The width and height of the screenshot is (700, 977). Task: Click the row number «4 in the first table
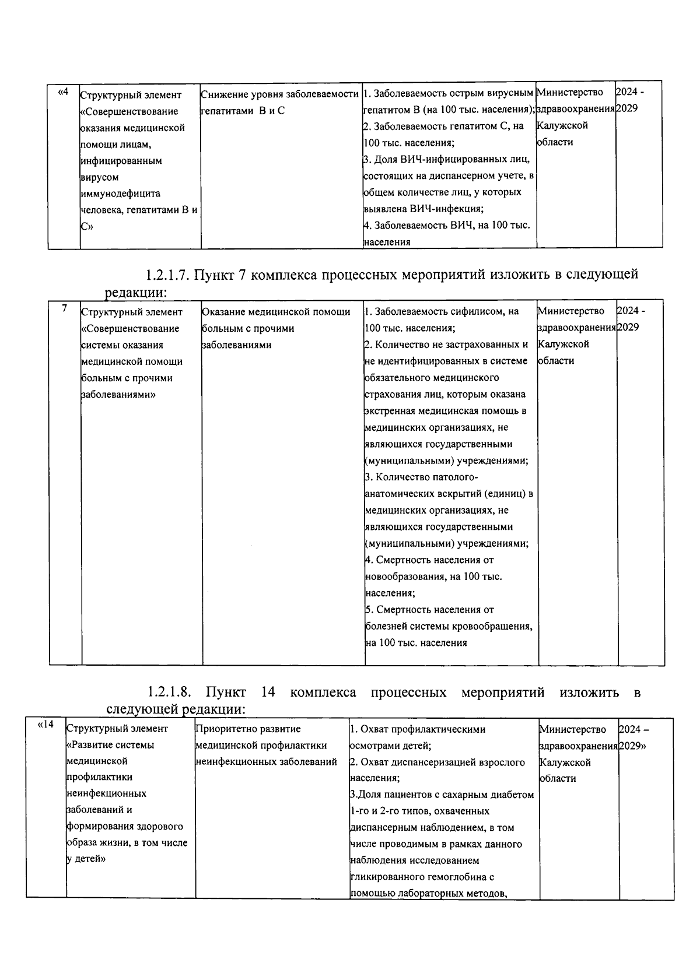64,92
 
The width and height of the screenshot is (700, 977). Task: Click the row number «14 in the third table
45,725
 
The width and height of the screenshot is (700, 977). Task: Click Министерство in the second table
570,311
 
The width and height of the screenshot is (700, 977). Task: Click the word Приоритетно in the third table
224,729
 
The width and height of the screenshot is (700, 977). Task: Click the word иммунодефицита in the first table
115,194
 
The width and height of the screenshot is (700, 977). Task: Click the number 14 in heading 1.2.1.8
268,693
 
